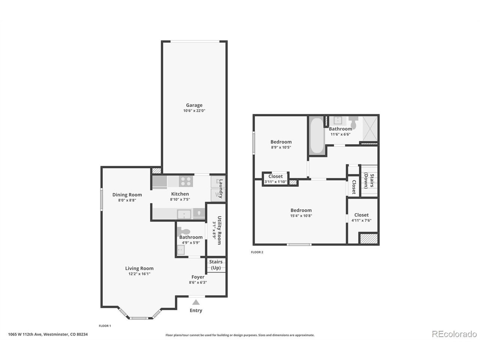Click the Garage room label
pyautogui.click(x=194, y=105)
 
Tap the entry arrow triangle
pyautogui.click(x=196, y=302)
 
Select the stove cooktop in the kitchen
pyautogui.click(x=186, y=181)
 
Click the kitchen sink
pyautogui.click(x=184, y=214)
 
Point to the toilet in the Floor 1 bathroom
pyautogui.click(x=183, y=231)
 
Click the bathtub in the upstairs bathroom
pyautogui.click(x=317, y=136)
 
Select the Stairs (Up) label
pyautogui.click(x=216, y=265)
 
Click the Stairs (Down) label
pyautogui.click(x=369, y=181)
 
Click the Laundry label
pyautogui.click(x=221, y=189)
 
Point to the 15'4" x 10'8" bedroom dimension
pyautogui.click(x=301, y=216)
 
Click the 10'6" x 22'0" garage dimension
pyautogui.click(x=194, y=111)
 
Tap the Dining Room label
pyautogui.click(x=127, y=195)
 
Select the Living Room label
pyautogui.click(x=139, y=268)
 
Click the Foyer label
pyautogui.click(x=198, y=277)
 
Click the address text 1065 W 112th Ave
pyautogui.click(x=25, y=334)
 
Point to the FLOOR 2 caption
pyautogui.click(x=257, y=252)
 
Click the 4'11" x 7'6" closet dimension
pyautogui.click(x=361, y=220)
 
